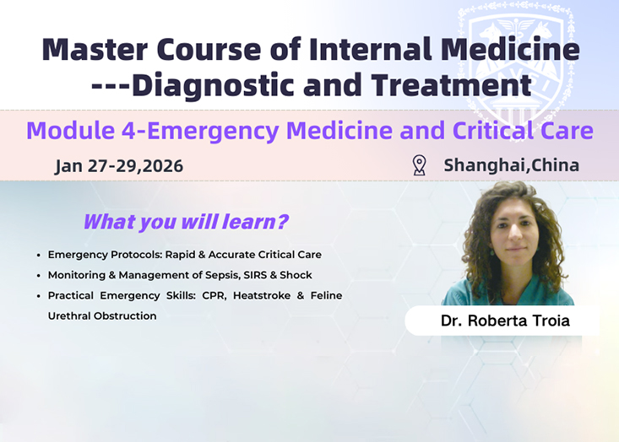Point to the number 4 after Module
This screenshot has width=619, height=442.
[x=128, y=131]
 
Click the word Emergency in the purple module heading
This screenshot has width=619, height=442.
[x=213, y=132]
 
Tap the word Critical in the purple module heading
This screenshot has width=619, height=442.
[x=495, y=131]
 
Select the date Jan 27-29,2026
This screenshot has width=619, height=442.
[x=119, y=166]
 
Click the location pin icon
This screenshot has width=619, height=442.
[x=419, y=165]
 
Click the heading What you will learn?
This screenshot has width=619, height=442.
[x=186, y=222]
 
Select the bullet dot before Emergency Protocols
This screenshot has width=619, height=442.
[x=38, y=256]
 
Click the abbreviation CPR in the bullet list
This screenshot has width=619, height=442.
[x=214, y=296]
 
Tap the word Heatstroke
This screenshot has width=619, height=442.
[x=262, y=296]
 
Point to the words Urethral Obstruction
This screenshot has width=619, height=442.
[x=102, y=316]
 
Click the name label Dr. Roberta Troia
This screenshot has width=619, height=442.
[x=505, y=321]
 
